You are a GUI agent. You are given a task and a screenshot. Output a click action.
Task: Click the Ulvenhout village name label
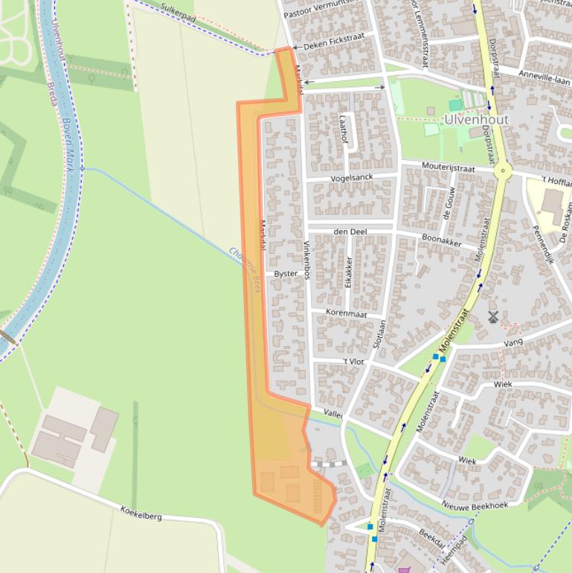[x=476, y=120]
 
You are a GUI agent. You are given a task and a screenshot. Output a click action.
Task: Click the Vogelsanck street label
[x=353, y=178]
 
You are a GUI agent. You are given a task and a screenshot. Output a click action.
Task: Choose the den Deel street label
[x=350, y=231]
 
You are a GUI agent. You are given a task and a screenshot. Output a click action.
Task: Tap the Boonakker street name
[x=442, y=241]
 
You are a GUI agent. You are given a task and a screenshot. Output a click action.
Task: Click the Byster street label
[x=286, y=274]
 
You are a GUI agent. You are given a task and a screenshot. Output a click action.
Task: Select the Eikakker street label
[x=348, y=272]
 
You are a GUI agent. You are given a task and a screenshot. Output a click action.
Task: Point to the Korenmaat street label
[x=347, y=314]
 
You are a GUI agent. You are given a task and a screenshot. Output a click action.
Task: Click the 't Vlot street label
[x=353, y=362]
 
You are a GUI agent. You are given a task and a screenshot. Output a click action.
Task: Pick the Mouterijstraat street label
[x=448, y=167]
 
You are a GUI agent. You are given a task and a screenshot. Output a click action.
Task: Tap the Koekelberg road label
[x=141, y=512]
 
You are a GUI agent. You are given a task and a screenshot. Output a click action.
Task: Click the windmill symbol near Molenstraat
[x=492, y=316]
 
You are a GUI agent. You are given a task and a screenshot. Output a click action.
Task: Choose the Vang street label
[x=513, y=342]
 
